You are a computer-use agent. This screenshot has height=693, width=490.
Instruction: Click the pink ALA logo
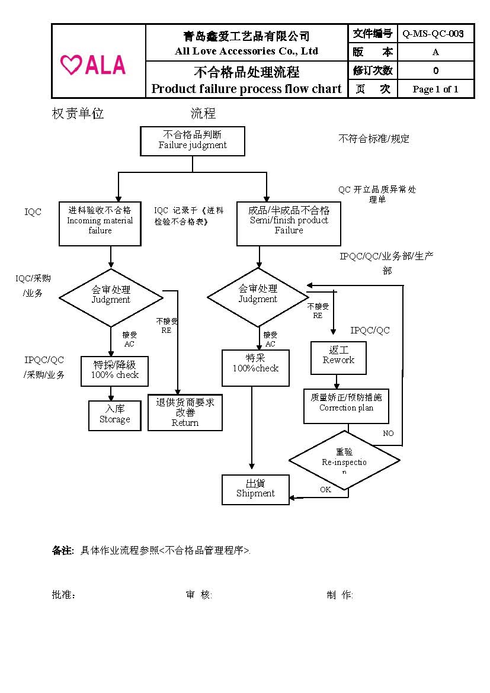(93, 65)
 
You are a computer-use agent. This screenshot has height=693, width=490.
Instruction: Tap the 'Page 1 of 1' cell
(435, 89)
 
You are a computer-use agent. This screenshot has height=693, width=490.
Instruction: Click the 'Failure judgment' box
(193, 141)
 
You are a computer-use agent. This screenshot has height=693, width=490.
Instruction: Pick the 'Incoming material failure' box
(100, 223)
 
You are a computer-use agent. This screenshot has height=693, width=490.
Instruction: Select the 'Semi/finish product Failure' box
(289, 224)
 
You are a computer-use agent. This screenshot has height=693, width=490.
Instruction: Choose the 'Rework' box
(338, 358)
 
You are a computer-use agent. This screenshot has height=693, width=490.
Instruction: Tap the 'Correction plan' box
(346, 406)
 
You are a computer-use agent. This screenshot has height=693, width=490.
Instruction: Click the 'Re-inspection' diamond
(344, 460)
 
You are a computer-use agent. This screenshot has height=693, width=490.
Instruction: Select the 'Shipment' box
(255, 489)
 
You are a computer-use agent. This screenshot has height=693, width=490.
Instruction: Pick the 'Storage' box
(115, 415)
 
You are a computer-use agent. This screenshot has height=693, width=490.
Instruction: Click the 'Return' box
(185, 412)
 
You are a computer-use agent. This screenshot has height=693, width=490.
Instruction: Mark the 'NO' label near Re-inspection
(388, 434)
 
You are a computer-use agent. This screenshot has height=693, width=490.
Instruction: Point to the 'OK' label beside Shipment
(325, 490)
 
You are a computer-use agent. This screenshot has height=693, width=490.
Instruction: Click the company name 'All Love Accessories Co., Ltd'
(246, 51)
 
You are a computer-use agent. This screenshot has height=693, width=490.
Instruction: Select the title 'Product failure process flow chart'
(246, 89)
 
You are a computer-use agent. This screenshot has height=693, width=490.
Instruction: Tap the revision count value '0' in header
(435, 70)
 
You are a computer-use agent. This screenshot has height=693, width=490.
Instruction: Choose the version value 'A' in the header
(435, 52)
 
